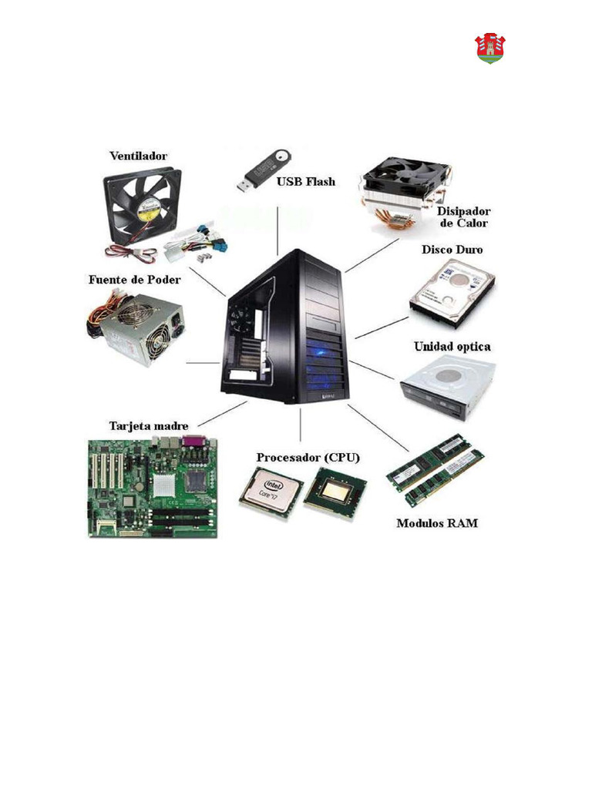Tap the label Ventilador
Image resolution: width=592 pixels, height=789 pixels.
(x=139, y=156)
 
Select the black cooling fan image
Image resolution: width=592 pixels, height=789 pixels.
(x=143, y=205)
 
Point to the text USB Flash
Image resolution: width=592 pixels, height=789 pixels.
(x=306, y=182)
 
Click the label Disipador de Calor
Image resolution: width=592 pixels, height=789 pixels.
(x=463, y=217)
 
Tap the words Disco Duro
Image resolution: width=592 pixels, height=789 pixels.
(x=452, y=250)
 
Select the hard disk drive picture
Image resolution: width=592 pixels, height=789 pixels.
(x=452, y=293)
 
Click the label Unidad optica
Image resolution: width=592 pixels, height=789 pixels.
(x=452, y=347)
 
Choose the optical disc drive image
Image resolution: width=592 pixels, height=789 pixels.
(x=446, y=388)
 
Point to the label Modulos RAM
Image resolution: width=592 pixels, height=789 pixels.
(x=437, y=523)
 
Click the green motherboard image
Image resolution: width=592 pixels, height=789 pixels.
(x=153, y=488)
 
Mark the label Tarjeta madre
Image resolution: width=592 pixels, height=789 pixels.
(x=149, y=425)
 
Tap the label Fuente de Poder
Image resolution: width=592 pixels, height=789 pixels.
(x=135, y=279)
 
